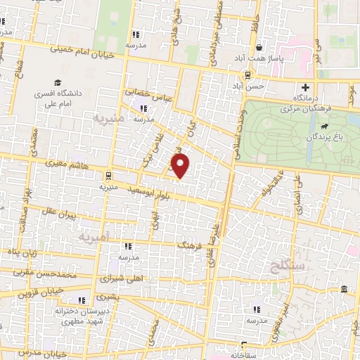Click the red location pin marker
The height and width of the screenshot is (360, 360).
point(181,166)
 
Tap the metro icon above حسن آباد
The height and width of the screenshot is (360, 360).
point(247,75)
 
